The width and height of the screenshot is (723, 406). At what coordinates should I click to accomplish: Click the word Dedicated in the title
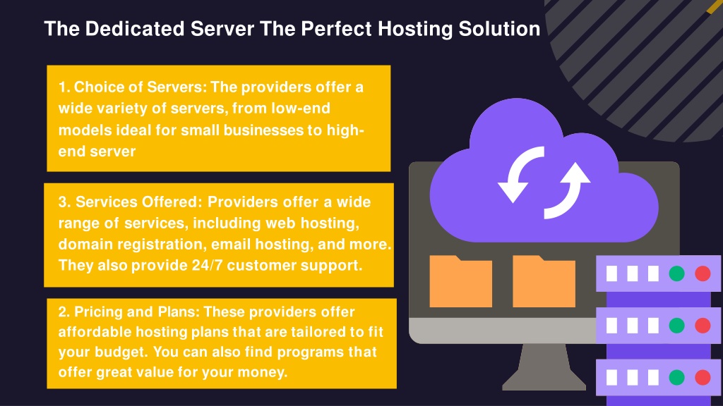135,28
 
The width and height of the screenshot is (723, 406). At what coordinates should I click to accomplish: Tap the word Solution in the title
499,28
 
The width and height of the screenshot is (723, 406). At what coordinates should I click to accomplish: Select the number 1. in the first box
64,87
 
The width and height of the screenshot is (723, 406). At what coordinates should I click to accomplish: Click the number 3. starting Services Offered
64,202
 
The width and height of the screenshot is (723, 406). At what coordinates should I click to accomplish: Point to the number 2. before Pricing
64,312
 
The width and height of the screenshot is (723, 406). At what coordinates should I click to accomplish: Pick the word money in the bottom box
263,372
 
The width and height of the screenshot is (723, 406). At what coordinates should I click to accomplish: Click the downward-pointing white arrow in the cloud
519,175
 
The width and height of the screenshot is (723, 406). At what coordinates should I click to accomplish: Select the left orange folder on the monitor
460,281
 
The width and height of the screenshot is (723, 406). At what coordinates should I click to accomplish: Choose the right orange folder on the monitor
544,281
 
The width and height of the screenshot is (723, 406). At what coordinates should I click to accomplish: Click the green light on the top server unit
676,273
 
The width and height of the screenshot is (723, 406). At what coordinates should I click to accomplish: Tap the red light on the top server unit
703,273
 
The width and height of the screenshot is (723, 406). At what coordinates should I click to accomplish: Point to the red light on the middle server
703,326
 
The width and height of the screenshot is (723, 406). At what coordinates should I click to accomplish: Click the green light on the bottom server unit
676,378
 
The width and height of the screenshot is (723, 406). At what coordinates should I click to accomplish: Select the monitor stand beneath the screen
544,367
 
